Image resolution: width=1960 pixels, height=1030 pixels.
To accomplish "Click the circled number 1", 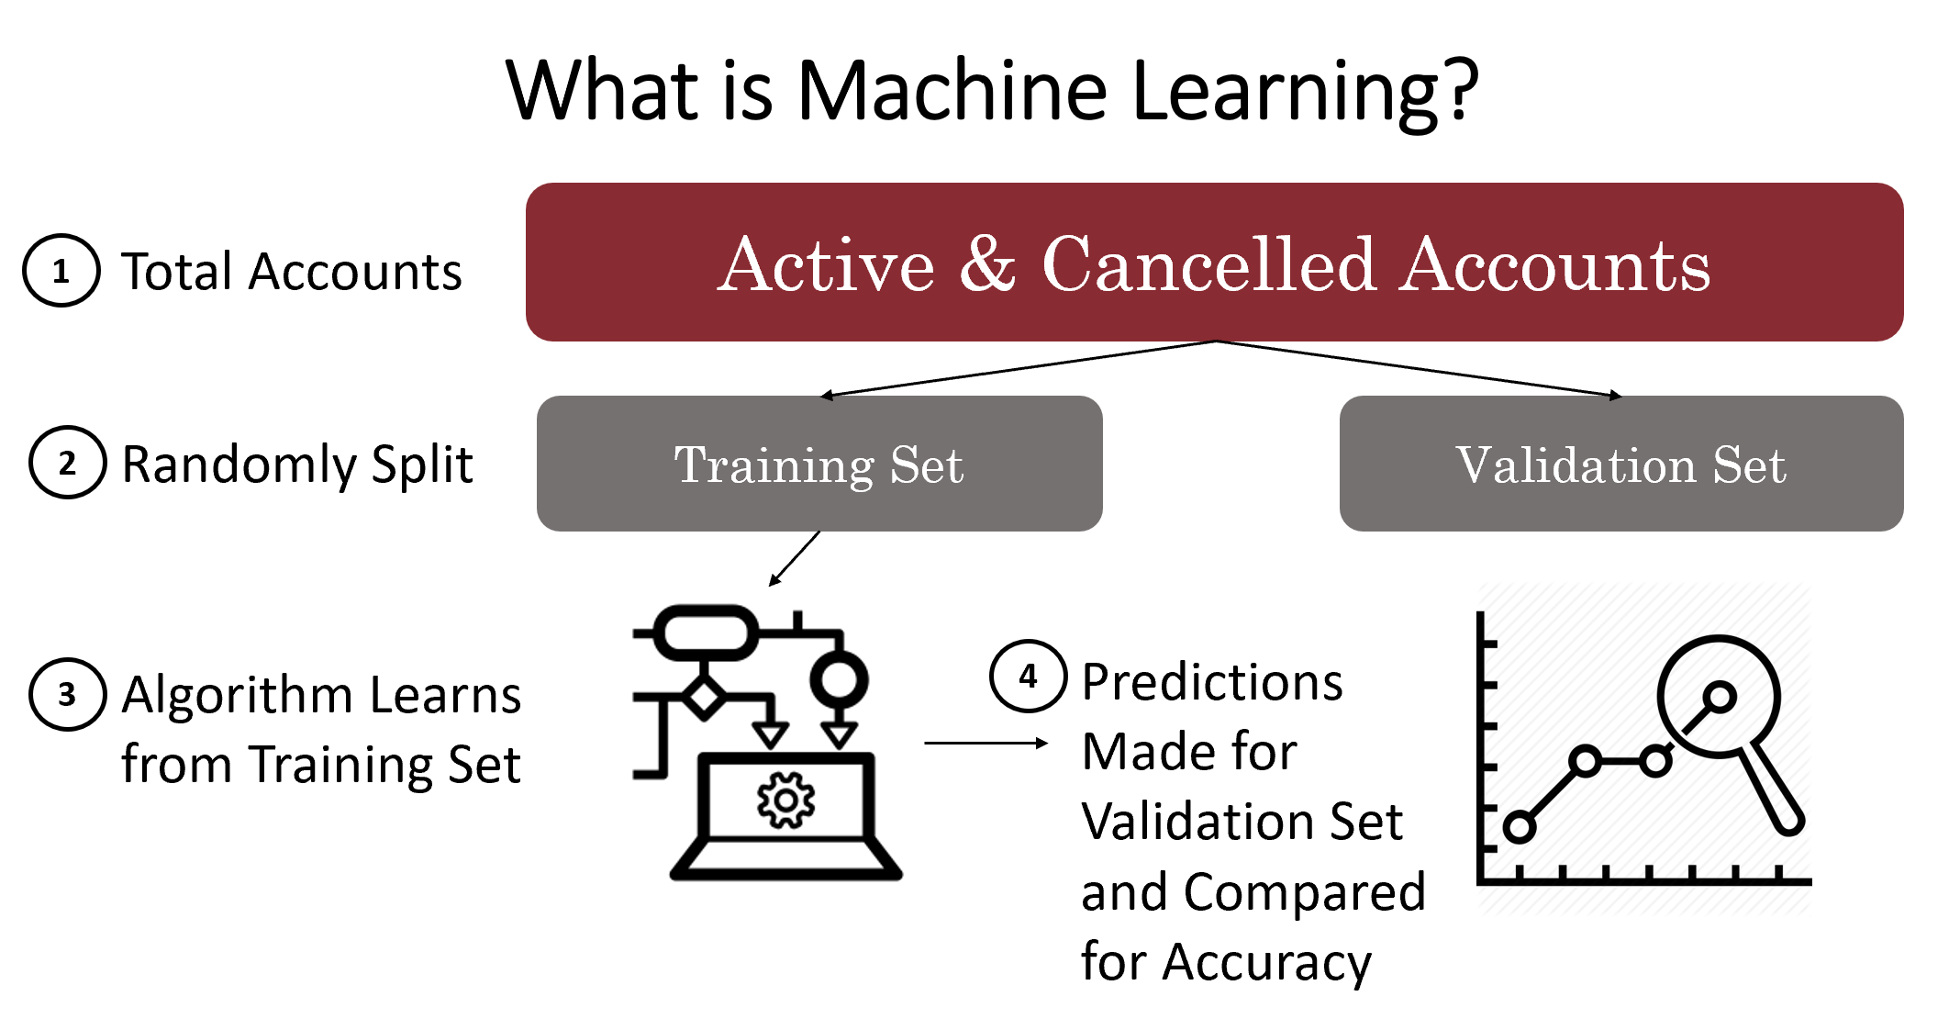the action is click(61, 271).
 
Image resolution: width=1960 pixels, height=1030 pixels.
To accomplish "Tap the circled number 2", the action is click(67, 463).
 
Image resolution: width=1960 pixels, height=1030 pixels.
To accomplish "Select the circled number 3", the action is click(67, 694).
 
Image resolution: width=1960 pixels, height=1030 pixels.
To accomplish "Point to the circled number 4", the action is click(1028, 677).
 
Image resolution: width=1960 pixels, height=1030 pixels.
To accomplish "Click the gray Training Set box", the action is click(819, 464).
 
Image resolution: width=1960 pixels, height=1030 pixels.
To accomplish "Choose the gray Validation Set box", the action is click(1621, 464).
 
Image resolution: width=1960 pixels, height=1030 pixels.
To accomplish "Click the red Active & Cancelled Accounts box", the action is click(1214, 263).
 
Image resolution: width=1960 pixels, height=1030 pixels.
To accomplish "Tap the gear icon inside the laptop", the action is click(785, 800).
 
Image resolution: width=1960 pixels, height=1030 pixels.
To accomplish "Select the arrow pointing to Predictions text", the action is click(986, 743).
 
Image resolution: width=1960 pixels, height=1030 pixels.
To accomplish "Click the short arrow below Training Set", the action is click(795, 558).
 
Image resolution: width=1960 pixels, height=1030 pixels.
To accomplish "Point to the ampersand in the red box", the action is click(988, 263).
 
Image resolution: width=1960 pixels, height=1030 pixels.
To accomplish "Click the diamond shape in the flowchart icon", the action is click(704, 698).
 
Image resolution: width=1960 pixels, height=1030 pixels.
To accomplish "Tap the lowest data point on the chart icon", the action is click(1520, 827).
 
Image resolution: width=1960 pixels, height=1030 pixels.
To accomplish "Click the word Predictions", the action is click(1212, 682).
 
